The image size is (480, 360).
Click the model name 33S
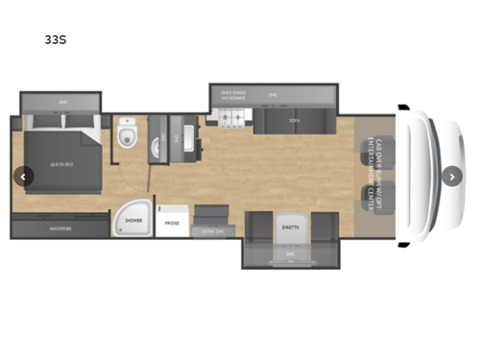pos(55,41)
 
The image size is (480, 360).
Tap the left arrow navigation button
pos(23,176)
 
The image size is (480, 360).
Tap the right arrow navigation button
pos(452,176)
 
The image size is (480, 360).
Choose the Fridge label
pos(172,223)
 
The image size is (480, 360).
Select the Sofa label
pos(294,122)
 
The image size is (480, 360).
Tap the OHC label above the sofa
pos(274,95)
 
